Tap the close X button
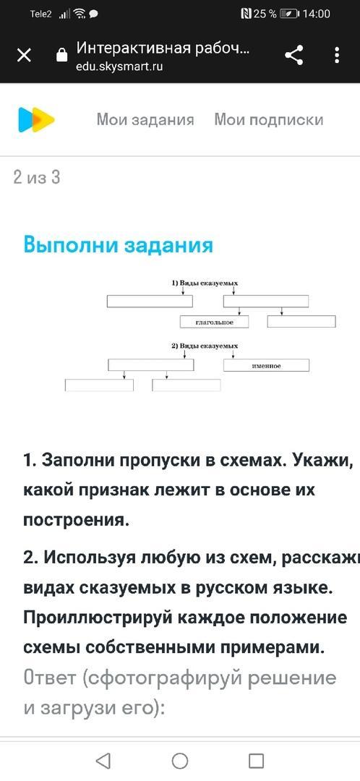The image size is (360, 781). pyautogui.click(x=24, y=55)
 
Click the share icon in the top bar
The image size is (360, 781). pyautogui.click(x=294, y=55)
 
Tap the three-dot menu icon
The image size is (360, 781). pyautogui.click(x=337, y=55)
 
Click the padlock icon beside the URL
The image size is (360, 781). pyautogui.click(x=62, y=54)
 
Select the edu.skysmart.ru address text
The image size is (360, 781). pyautogui.click(x=119, y=67)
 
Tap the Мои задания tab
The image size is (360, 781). pyautogui.click(x=145, y=119)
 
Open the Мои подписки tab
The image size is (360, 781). pyautogui.click(x=269, y=119)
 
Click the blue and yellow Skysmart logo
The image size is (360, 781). pyautogui.click(x=36, y=119)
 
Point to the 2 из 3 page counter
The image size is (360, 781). pyautogui.click(x=37, y=177)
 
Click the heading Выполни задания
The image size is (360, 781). pyautogui.click(x=119, y=246)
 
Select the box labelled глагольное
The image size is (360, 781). pyautogui.click(x=214, y=323)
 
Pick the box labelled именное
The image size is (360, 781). pyautogui.click(x=267, y=366)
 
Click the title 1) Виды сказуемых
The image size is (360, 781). pyautogui.click(x=205, y=283)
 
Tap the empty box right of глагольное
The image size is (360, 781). pyautogui.click(x=301, y=322)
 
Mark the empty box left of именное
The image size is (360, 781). pyautogui.click(x=151, y=365)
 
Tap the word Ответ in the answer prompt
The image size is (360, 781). pyautogui.click(x=50, y=678)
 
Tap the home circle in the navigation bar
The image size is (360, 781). pyautogui.click(x=180, y=761)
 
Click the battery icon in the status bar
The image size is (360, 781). pyautogui.click(x=289, y=14)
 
